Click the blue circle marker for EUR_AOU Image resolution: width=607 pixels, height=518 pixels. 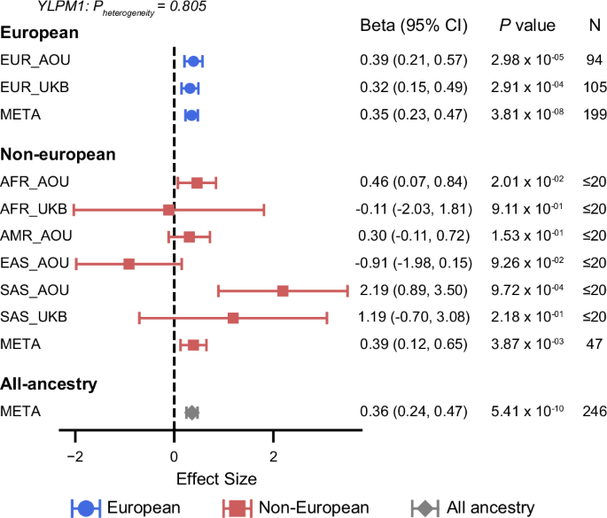click(193, 60)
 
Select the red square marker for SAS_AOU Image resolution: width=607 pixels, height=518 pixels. click(283, 290)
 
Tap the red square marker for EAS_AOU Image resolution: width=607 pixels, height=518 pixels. click(129, 264)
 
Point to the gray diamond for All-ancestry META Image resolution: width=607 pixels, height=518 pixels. click(191, 412)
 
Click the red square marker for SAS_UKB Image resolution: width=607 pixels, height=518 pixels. click(233, 317)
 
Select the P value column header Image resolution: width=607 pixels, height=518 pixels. click(529, 25)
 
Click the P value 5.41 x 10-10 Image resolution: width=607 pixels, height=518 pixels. click(529, 411)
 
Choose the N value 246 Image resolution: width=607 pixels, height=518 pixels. click(595, 411)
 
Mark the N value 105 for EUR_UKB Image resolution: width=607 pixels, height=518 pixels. click(595, 87)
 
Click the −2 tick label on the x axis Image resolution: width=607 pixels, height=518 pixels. click(75, 458)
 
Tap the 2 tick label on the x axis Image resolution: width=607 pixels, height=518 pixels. click(273, 458)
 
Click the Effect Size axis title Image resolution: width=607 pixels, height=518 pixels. click(217, 479)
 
